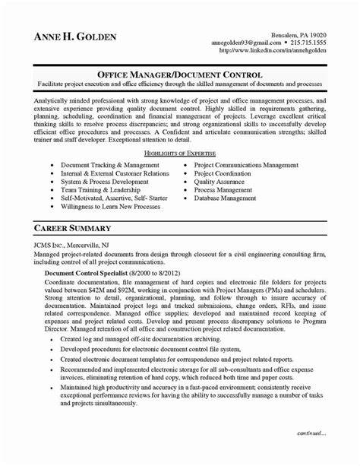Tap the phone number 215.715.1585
coord(298,43)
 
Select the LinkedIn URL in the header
coord(272,51)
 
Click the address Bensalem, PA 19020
coord(298,35)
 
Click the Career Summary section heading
coord(74,228)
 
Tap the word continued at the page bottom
coord(308,453)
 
